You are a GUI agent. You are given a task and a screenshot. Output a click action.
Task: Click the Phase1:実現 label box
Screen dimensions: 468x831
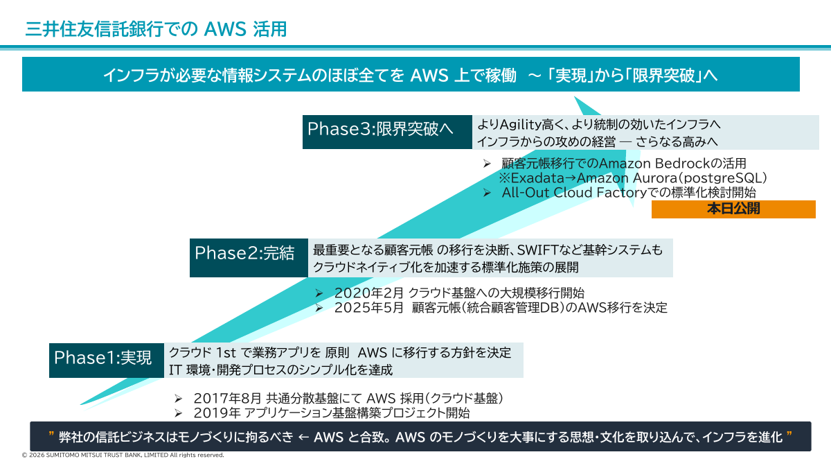[x=105, y=358]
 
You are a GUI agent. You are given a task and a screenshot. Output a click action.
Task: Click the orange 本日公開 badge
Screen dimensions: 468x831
[x=733, y=209]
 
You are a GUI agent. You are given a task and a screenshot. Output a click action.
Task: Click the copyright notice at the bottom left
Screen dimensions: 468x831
[x=123, y=456]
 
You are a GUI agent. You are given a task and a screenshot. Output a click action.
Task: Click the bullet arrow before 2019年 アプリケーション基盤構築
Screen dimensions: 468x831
[x=178, y=413]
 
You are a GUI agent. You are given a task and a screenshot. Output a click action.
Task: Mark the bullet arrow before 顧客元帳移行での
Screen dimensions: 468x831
[x=486, y=164]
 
